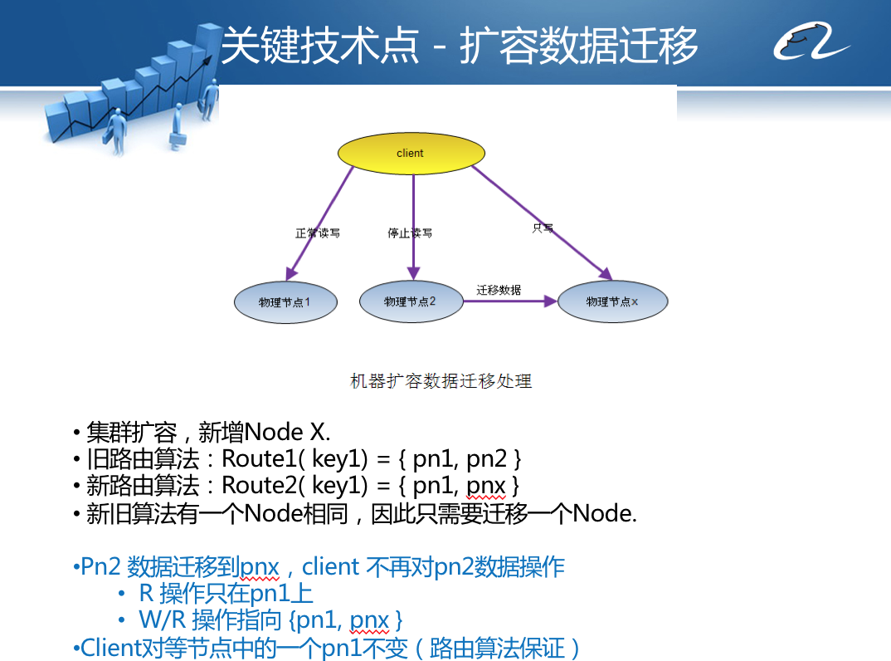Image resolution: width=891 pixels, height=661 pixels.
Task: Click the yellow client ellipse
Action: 411,154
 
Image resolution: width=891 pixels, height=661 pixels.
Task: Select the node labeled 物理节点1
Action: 285,303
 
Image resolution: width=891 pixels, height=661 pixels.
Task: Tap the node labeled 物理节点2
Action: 411,301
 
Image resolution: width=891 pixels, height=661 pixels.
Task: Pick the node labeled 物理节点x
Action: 612,302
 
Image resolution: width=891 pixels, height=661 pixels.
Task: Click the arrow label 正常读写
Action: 318,233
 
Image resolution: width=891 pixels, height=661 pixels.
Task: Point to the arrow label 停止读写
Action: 410,233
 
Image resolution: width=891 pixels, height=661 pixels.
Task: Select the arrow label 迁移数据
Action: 499,290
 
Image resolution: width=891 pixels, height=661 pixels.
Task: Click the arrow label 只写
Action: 543,228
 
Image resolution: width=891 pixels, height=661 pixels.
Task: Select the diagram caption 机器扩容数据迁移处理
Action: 441,381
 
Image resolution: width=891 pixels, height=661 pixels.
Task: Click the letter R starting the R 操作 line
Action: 145,594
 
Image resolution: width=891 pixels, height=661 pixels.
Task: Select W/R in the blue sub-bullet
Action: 163,620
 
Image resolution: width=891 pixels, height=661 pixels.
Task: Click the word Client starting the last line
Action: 110,648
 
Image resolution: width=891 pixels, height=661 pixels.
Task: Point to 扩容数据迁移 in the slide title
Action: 578,46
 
